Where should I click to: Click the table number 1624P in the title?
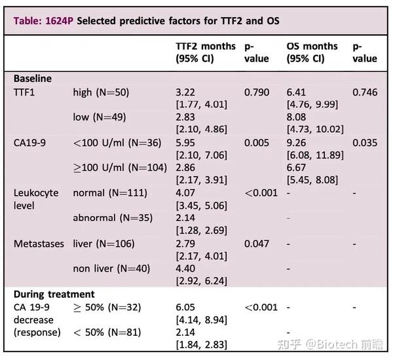point(58,21)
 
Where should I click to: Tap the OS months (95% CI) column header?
point(312,52)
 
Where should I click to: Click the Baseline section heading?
point(33,79)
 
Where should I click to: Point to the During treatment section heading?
point(54,295)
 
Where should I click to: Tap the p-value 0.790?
point(257,92)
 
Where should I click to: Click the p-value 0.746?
point(365,92)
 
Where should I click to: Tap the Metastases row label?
point(39,243)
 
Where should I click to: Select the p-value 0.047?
point(257,243)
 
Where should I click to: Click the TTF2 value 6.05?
point(187,307)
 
